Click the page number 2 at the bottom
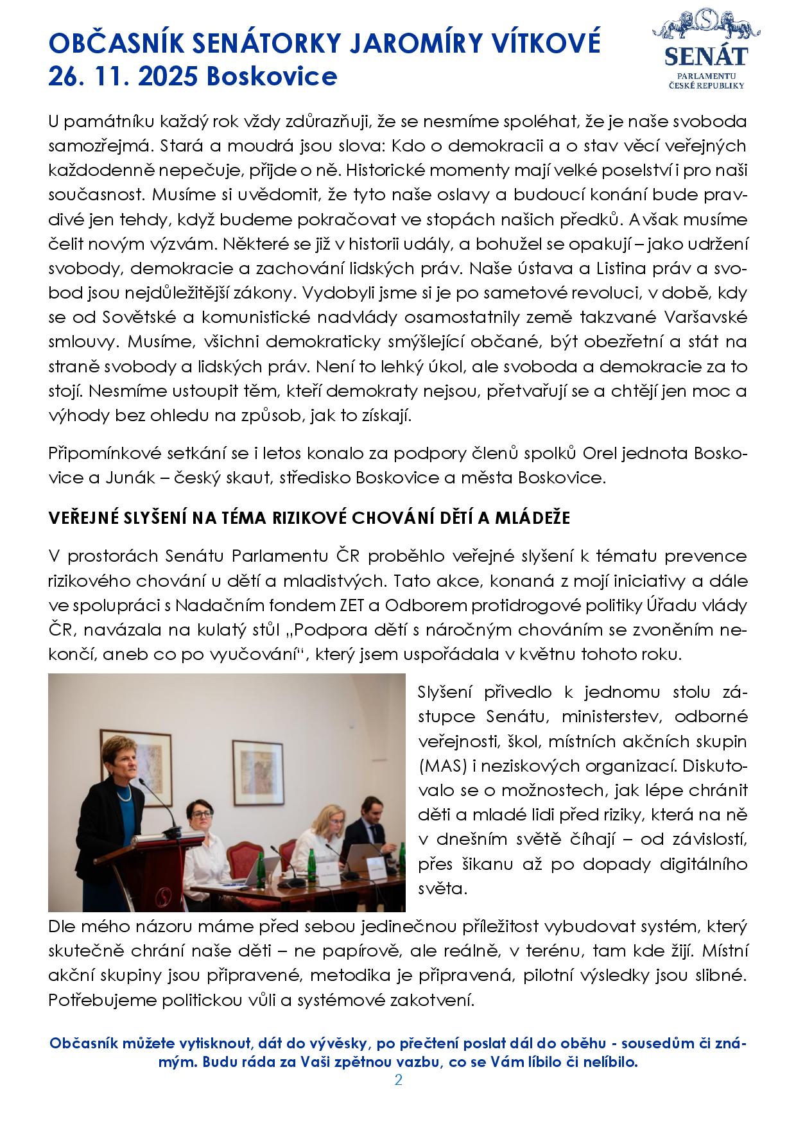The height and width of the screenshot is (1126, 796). [398, 1080]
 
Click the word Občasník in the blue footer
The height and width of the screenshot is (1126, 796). [80, 1043]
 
